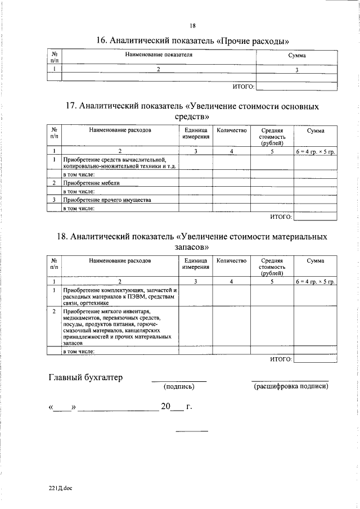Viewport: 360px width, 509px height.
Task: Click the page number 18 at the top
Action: (x=192, y=26)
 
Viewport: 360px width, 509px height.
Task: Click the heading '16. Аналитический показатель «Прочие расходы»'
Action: (x=192, y=41)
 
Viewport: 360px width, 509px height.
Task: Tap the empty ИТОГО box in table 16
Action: (x=297, y=86)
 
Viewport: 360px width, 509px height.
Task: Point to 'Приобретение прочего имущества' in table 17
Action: (x=107, y=200)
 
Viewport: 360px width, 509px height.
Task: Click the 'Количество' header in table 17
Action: (x=231, y=130)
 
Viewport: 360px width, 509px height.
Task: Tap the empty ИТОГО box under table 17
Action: (x=315, y=217)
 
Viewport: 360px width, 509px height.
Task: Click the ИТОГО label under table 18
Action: (x=281, y=359)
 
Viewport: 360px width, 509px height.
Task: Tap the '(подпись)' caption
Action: (x=178, y=387)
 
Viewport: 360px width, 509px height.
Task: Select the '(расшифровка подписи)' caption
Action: (x=290, y=387)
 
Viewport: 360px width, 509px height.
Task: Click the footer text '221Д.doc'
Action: (x=61, y=488)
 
